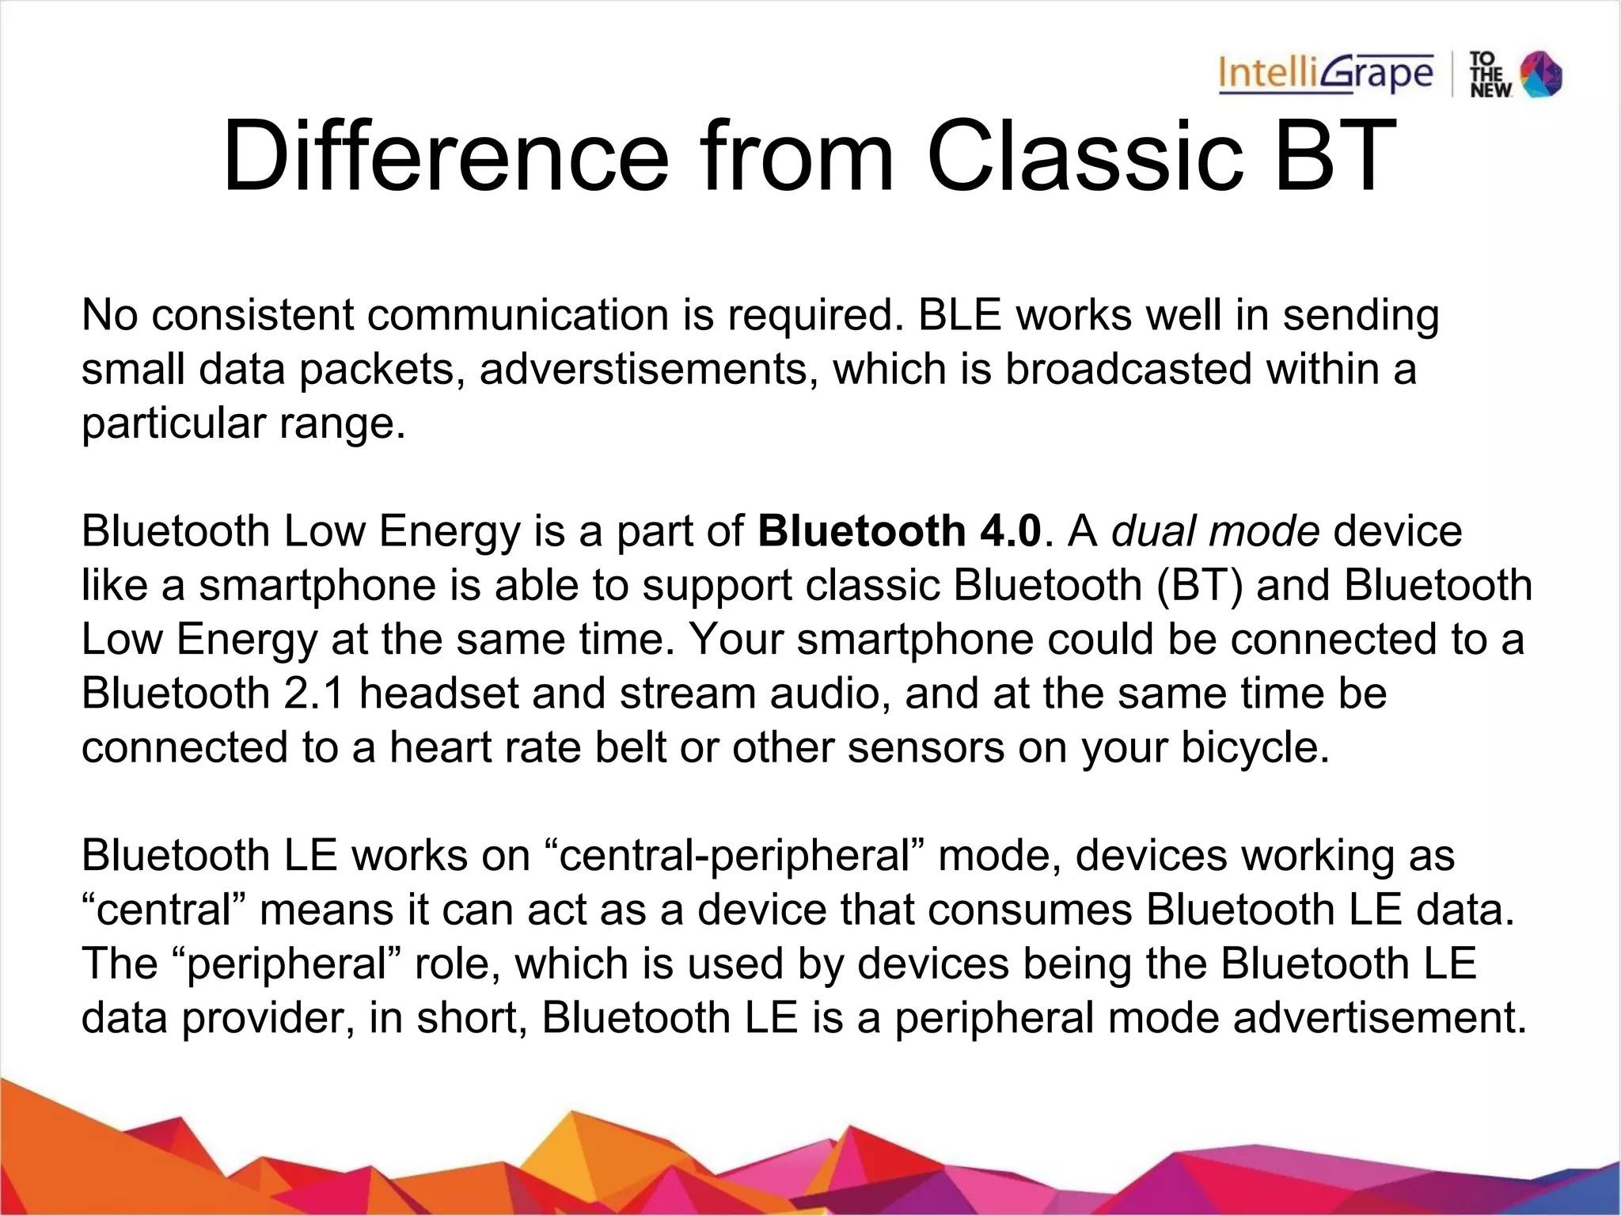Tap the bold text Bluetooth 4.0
[899, 531]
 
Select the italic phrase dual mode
[1215, 531]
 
